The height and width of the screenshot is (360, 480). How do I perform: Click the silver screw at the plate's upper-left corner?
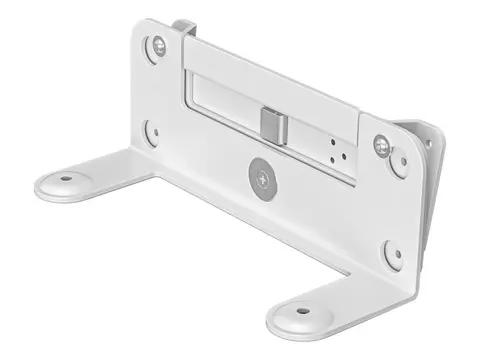(x=159, y=45)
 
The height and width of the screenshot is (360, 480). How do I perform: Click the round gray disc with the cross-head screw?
(x=260, y=177)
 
